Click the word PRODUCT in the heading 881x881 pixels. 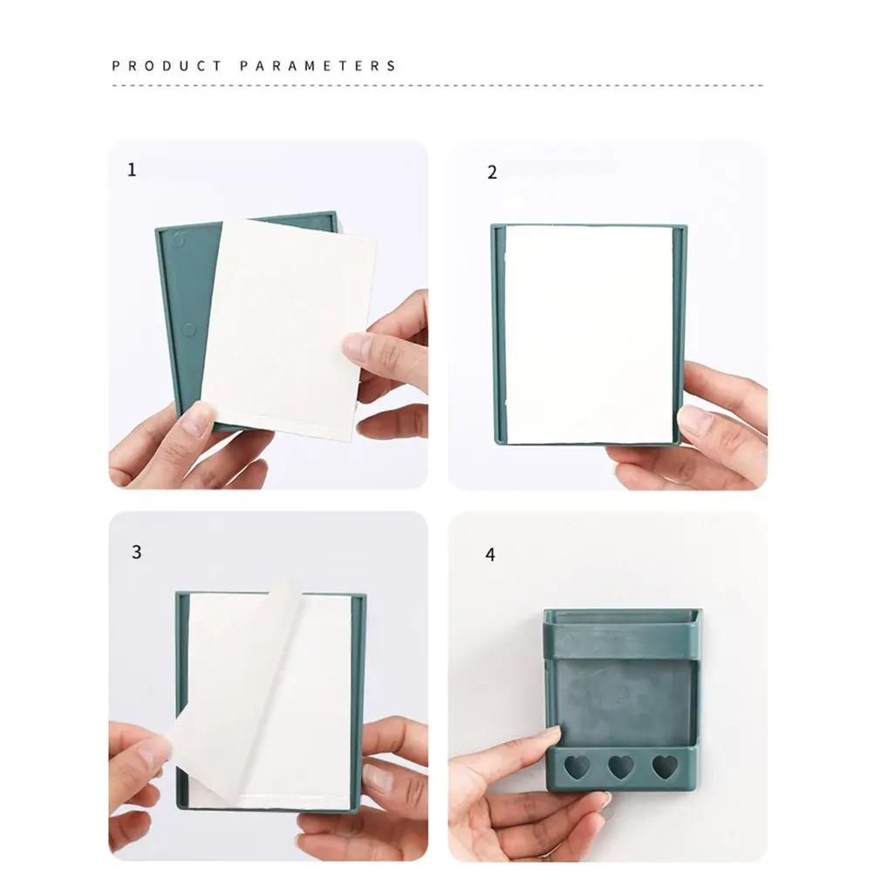pyautogui.click(x=167, y=65)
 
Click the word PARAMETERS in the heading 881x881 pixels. pyautogui.click(x=318, y=65)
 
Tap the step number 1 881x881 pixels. pyautogui.click(x=132, y=169)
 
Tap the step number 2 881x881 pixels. pyautogui.click(x=492, y=172)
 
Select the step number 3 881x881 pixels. pyautogui.click(x=137, y=552)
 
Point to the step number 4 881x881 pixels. pyautogui.click(x=490, y=555)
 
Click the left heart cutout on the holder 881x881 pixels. pyautogui.click(x=577, y=767)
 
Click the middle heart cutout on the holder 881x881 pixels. pyautogui.click(x=621, y=767)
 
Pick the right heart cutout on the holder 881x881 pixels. pyautogui.click(x=665, y=767)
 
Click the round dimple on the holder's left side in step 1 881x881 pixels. pyautogui.click(x=189, y=329)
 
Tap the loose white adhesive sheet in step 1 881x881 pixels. pyautogui.click(x=290, y=329)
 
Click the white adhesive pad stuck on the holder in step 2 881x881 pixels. pyautogui.click(x=589, y=334)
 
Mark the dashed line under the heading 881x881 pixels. pyautogui.click(x=438, y=86)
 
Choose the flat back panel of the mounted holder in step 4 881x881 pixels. pyautogui.click(x=625, y=703)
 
